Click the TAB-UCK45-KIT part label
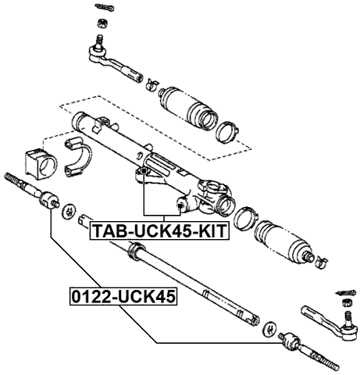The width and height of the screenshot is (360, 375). point(159,231)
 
